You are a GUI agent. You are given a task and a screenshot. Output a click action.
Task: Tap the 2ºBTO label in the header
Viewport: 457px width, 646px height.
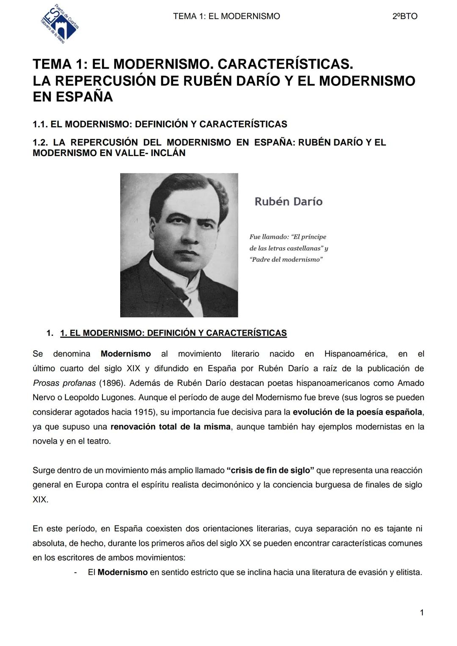click(405, 16)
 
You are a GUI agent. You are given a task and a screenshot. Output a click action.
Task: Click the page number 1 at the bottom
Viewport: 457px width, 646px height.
click(421, 613)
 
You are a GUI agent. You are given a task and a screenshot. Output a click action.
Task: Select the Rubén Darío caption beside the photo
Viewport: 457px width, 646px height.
click(288, 201)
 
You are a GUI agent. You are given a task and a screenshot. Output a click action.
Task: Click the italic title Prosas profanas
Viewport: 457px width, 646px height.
click(64, 383)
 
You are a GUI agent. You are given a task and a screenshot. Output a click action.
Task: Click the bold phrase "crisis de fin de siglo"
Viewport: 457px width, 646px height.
click(270, 470)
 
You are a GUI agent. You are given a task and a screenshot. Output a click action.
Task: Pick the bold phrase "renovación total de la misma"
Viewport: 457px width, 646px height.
click(171, 426)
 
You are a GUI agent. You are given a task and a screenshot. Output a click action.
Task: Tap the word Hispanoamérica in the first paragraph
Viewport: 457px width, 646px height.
click(355, 354)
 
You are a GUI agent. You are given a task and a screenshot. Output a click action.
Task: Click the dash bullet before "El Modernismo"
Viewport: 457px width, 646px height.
click(75, 572)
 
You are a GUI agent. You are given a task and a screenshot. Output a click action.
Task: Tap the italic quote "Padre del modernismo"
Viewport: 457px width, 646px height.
click(286, 259)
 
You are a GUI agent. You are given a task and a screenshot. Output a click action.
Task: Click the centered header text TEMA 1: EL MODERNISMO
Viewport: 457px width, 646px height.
click(226, 16)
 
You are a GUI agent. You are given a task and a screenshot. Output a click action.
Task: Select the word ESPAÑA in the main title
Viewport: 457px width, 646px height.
click(73, 97)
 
